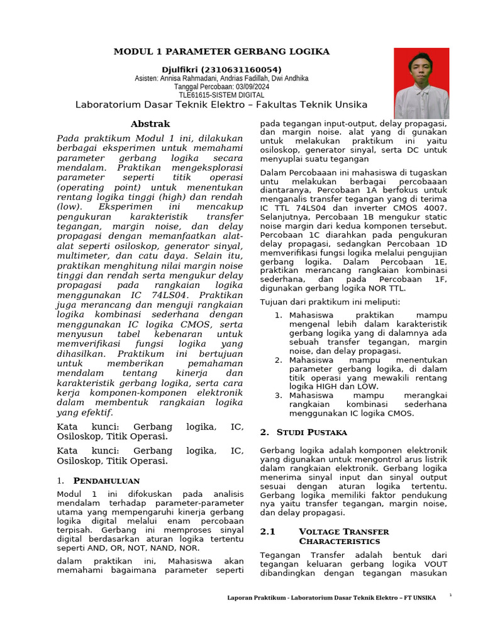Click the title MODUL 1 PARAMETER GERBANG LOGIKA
tap(221, 51)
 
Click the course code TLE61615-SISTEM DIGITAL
tap(221, 95)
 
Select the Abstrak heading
tap(150, 124)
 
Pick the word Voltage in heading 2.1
tap(318, 531)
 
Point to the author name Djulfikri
tap(184, 69)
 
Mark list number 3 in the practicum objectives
tap(278, 395)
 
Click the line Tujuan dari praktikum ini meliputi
tap(330, 302)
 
